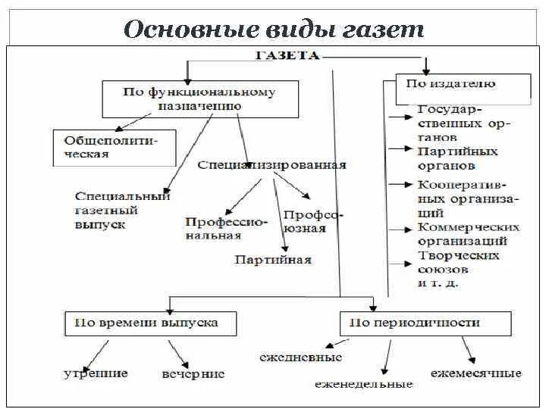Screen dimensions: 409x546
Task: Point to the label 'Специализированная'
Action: (x=271, y=164)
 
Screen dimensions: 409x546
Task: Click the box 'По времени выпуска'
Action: (x=151, y=323)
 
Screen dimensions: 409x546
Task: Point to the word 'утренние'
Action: (x=96, y=373)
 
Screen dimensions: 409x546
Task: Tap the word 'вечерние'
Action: (x=193, y=374)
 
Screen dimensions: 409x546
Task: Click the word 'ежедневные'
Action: (x=300, y=357)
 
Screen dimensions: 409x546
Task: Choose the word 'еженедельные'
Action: (x=364, y=384)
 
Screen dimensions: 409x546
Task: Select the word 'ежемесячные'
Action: (x=475, y=374)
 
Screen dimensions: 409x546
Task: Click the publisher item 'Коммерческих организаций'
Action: (x=468, y=234)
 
